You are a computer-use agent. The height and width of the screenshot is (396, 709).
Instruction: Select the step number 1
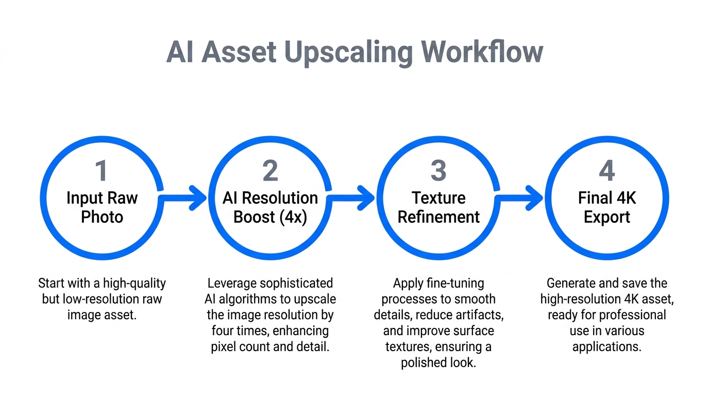coord(102,171)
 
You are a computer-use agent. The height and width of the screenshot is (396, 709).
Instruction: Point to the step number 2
coord(270,171)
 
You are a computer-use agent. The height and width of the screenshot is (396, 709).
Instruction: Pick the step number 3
coord(438,171)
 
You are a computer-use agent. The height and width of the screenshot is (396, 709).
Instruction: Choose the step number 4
coord(606,171)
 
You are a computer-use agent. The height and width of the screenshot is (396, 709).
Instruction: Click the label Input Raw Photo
coord(102,207)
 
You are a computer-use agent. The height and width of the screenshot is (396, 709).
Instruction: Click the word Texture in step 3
coord(438,198)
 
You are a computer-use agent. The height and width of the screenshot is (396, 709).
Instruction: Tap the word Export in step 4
coord(606,217)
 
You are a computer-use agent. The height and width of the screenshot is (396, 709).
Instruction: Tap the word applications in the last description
coord(606,346)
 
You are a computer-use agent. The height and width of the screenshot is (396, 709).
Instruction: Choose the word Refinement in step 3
coord(438,217)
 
